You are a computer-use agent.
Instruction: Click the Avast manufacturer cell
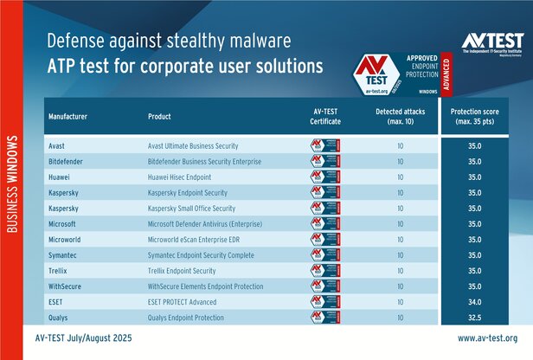click(58, 145)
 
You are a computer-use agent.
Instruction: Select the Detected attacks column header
click(401, 118)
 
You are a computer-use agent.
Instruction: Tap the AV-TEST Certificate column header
click(327, 118)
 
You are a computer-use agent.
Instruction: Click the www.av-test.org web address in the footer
click(487, 338)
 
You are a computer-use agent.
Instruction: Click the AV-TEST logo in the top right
click(491, 44)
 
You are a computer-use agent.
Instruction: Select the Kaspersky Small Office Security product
click(203, 208)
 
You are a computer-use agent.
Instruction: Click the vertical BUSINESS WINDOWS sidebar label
click(13, 184)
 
